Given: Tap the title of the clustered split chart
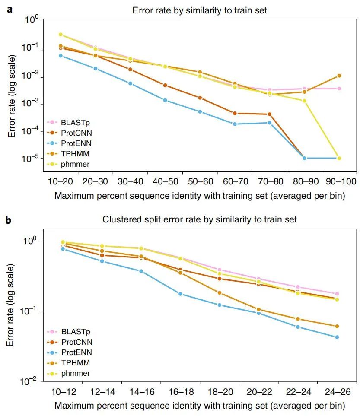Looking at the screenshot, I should (199, 219).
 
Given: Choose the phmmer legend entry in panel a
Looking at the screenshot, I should (75, 163).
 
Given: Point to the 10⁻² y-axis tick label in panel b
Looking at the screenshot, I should (31, 381).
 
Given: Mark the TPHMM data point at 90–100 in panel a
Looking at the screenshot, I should (339, 76).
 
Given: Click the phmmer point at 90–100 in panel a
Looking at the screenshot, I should (339, 159).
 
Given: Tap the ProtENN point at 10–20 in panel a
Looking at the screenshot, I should (61, 56).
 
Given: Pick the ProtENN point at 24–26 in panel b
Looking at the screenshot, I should (337, 337).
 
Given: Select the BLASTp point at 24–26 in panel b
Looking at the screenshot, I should (337, 294).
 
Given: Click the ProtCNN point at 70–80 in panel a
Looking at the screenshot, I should (269, 114).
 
